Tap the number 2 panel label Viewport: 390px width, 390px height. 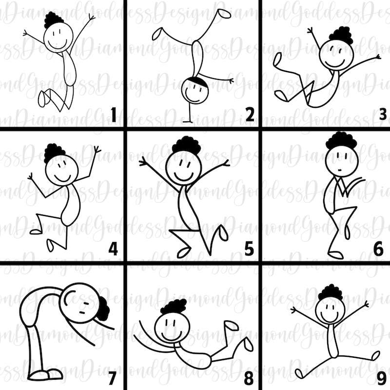[x=249, y=115]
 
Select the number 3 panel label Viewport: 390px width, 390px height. [x=383, y=115]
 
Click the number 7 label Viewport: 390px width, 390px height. [x=112, y=378]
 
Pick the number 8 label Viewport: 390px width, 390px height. [x=249, y=378]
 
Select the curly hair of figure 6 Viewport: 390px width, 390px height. [x=341, y=140]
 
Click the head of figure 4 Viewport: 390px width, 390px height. [x=62, y=169]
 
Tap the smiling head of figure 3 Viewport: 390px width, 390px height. [x=336, y=54]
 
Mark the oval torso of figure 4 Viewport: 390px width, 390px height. [x=72, y=205]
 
